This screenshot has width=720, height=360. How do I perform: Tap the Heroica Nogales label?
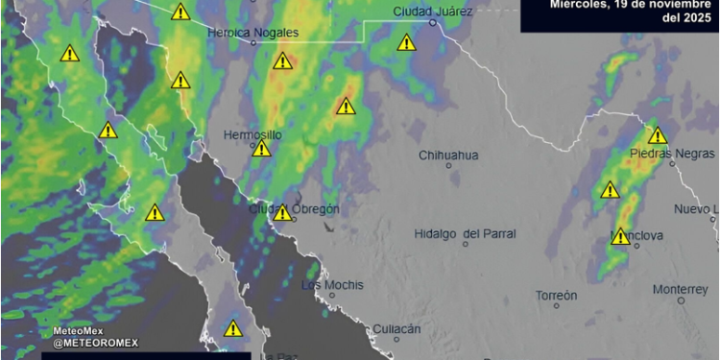click(253, 32)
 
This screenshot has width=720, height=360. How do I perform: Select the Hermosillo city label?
click(252, 135)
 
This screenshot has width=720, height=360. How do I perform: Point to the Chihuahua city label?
click(448, 156)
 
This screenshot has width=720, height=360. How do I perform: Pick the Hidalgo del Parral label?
click(465, 233)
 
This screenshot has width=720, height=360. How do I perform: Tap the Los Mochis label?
click(332, 285)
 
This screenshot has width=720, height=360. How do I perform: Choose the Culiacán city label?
click(396, 328)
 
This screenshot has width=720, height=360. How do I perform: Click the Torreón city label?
click(557, 294)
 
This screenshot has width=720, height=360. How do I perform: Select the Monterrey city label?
click(680, 289)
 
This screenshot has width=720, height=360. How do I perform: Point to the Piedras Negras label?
click(672, 154)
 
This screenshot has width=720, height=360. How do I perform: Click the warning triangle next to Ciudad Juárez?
click(406, 43)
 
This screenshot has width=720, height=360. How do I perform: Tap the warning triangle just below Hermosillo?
click(261, 149)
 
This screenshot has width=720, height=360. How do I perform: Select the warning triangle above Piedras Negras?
click(657, 136)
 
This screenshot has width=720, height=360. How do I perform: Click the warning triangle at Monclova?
click(620, 236)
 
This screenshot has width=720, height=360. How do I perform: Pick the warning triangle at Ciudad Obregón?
click(282, 213)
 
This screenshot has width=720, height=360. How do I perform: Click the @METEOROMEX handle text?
click(96, 343)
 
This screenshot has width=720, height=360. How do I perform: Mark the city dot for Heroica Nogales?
click(253, 43)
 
